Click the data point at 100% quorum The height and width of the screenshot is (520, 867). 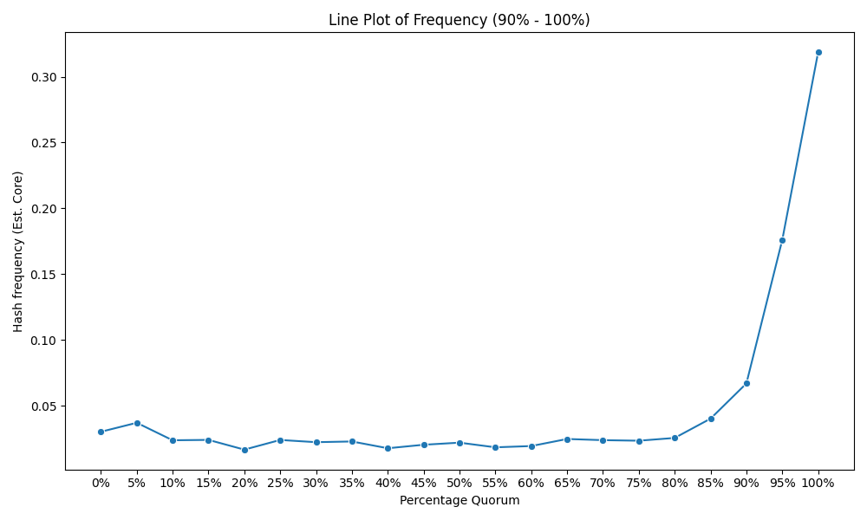(818, 53)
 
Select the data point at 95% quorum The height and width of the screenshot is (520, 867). (782, 240)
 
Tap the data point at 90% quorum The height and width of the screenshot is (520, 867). (746, 384)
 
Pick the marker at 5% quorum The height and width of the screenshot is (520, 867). (137, 423)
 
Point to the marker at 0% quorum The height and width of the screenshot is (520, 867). (101, 432)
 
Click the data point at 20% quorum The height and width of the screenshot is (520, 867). (244, 450)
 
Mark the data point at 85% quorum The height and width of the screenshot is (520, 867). (711, 419)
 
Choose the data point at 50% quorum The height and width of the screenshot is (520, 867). (460, 443)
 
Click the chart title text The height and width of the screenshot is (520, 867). (459, 20)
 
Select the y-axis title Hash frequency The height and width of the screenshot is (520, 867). (18, 252)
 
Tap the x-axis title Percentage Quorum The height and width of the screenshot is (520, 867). (460, 501)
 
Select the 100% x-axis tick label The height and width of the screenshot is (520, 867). (818, 484)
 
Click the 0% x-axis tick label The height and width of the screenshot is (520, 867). (101, 484)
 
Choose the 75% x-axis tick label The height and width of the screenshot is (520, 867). (639, 484)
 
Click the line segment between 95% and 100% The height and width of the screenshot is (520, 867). (800, 146)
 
